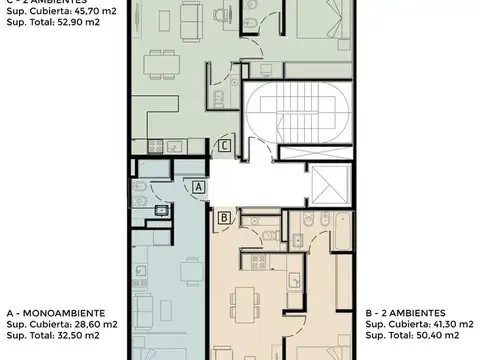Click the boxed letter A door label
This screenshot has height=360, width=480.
(x=198, y=187)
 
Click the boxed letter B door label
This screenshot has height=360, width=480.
(x=224, y=217)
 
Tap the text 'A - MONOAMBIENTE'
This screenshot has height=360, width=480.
(x=51, y=312)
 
